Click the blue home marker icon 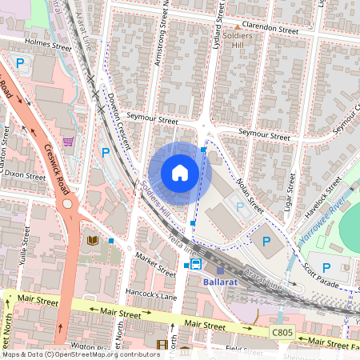coord(180,173)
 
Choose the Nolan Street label coord(249,195)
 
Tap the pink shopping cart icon coord(68,142)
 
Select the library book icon coord(93,240)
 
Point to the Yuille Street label coord(25,238)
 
